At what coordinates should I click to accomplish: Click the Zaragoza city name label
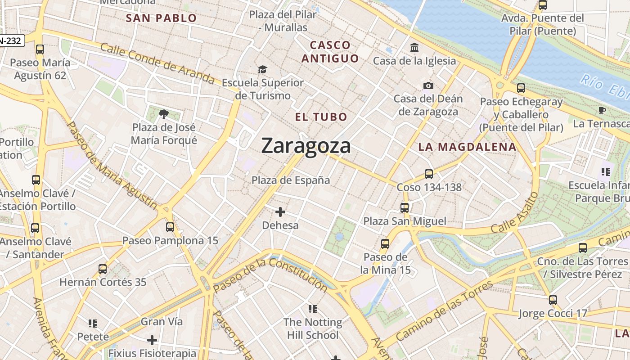pos(306,146)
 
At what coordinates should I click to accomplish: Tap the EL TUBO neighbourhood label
pos(321,117)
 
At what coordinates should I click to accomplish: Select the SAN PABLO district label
pos(161,18)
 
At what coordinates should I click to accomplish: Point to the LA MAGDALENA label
pos(467,147)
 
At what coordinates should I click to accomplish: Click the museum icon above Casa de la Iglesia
pos(414,47)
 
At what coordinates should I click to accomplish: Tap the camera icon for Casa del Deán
pos(428,85)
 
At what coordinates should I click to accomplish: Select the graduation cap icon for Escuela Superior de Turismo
pos(262,69)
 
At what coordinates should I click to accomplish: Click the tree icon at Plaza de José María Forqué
pos(164,115)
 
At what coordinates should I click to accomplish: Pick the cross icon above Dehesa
pos(280,211)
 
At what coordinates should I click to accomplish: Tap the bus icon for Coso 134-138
pos(429,174)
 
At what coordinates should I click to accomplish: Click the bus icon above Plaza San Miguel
pos(405,207)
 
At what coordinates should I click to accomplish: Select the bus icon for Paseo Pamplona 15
pos(170,227)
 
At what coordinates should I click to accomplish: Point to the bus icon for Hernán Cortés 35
pos(103,269)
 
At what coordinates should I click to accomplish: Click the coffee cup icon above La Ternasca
pos(602,110)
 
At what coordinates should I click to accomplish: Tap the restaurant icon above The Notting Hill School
pos(313,309)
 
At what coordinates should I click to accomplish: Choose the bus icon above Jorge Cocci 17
pos(553,300)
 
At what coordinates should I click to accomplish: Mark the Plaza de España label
pos(291,180)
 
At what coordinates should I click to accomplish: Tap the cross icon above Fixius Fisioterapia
pos(152,340)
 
